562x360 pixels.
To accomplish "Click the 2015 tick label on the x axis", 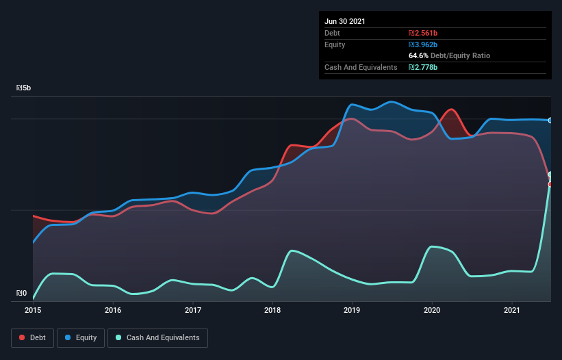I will [33, 310].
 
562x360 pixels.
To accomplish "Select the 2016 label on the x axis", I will [113, 310].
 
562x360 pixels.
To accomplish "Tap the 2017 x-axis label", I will [193, 310].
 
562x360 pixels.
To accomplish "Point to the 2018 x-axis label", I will [272, 310].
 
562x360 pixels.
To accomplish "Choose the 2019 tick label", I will [353, 310].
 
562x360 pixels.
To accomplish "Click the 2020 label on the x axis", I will [432, 310].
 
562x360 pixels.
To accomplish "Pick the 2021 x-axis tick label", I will [512, 310].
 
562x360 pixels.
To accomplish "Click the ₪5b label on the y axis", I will [24, 88].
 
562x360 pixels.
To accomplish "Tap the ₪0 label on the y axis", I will [22, 294].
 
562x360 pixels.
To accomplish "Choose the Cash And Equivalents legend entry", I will [157, 337].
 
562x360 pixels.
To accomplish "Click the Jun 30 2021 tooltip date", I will [345, 21].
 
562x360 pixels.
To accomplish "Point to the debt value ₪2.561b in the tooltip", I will [422, 33].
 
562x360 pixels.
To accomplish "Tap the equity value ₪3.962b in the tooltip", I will [422, 44].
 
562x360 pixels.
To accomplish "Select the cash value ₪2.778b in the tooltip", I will [422, 67].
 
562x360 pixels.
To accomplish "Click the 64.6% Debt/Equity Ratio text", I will [449, 55].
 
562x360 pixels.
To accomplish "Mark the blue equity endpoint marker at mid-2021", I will [550, 120].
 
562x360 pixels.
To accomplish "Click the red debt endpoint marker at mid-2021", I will [550, 184].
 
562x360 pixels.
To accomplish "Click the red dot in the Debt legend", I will [23, 337].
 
